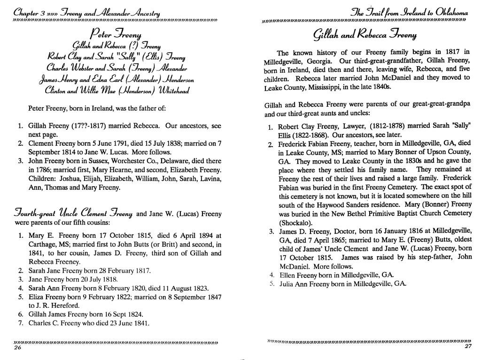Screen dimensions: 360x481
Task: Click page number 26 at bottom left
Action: tap(18, 348)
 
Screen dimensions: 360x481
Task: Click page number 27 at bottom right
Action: tap(467, 347)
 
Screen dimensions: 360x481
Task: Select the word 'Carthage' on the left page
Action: tap(43, 244)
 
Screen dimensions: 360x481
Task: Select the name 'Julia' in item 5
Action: tap(287, 284)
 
